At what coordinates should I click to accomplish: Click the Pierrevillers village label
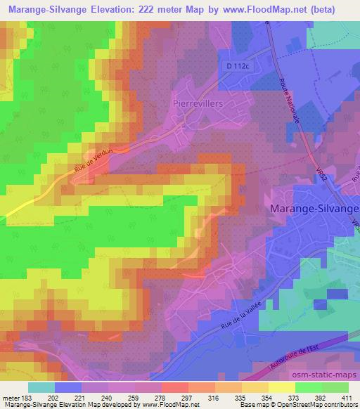pos(196,103)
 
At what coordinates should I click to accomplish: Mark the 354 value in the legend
pos(266,397)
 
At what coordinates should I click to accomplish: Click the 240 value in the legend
pos(105,397)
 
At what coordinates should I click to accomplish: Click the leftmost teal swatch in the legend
pos(41,387)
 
